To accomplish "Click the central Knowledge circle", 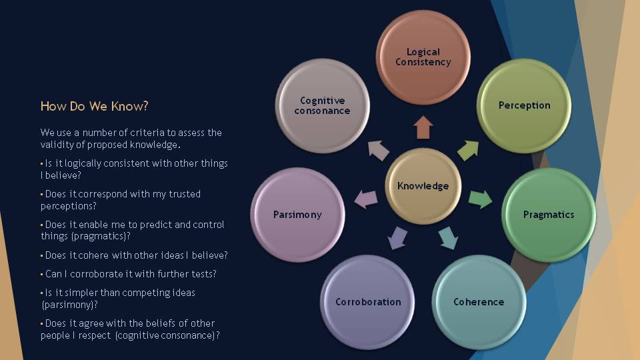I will point(423,186).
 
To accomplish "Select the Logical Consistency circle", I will point(423,57).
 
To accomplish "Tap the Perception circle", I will point(524,105).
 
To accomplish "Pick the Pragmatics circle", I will point(548,215).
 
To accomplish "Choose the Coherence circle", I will point(479,301).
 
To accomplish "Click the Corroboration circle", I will point(368,301).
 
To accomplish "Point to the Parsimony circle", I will point(297,215).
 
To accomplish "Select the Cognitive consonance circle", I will point(322,105).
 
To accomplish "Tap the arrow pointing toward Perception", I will point(468,150).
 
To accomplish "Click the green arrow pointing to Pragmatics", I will point(480,199).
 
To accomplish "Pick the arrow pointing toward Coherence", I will point(448,237).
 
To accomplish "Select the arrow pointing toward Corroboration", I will point(397,237).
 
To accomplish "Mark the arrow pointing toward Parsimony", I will point(365,198).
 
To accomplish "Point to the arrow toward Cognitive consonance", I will point(378,150).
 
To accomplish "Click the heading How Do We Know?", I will point(94,106).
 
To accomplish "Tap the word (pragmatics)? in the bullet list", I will point(99,236).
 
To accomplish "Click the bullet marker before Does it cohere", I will point(42,255).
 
